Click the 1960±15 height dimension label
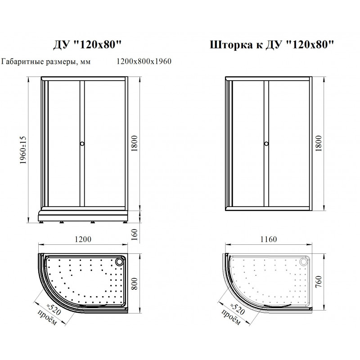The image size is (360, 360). pos(23,150)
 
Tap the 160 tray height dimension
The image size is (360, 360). pos(134,234)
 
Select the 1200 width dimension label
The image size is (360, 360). pos(83,239)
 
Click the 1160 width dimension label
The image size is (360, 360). pos(268,239)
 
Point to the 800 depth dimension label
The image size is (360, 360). pos(134,283)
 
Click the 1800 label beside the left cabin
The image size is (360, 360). pos(134,143)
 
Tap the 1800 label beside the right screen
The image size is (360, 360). pos(319,143)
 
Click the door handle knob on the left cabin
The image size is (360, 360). pos(82,144)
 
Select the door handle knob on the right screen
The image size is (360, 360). pos(266,144)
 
